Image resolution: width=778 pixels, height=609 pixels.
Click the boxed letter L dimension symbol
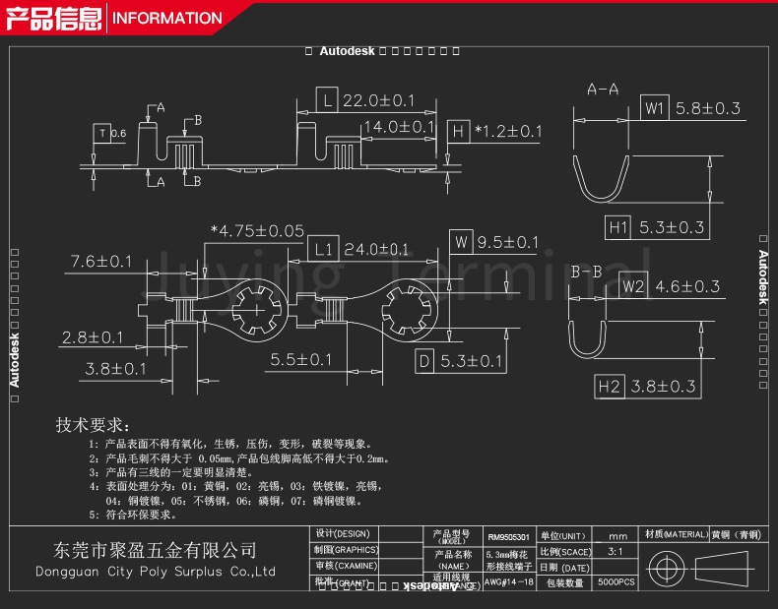point(327,100)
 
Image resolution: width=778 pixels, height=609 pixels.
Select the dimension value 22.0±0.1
point(379,100)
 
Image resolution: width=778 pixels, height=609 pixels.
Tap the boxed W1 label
point(655,108)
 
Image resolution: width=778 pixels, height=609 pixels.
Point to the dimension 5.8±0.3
point(707,108)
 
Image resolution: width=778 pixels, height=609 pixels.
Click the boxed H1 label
point(617,227)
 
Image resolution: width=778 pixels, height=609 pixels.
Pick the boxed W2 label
point(632,287)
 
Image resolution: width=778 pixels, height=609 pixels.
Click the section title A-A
point(603,90)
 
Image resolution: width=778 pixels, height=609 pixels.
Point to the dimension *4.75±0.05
point(257,231)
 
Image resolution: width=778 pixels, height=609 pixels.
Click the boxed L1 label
point(324,249)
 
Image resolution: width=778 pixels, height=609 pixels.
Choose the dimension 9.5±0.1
point(508,242)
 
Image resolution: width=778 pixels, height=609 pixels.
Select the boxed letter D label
point(424,361)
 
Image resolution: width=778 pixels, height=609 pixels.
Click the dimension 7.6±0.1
point(100,261)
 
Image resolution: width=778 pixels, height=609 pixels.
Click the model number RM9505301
point(508,538)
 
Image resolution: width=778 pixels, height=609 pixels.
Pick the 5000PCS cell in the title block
point(617,583)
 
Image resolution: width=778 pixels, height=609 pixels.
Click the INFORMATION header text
point(168,18)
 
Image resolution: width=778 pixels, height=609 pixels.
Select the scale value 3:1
point(616,552)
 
